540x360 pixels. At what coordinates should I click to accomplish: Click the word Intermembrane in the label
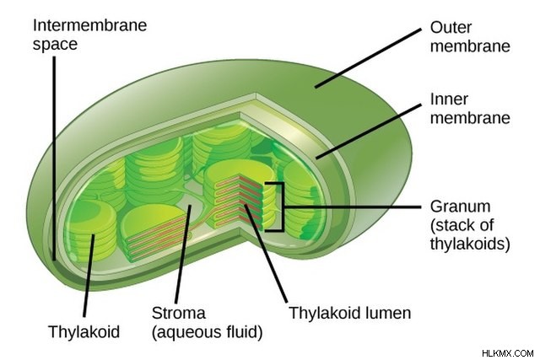[x=90, y=25]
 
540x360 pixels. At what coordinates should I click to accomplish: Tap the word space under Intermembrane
[x=55, y=45]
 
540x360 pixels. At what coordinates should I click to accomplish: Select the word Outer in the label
[x=451, y=28]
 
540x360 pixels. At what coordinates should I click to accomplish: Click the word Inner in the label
[x=449, y=99]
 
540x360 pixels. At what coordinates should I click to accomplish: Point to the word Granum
[x=461, y=207]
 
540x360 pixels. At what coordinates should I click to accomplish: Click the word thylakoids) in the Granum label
[x=470, y=244]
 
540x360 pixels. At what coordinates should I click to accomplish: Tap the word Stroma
[x=178, y=313]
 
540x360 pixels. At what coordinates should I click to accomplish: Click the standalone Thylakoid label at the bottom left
[x=84, y=332]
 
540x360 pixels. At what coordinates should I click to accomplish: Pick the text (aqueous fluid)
[x=208, y=332]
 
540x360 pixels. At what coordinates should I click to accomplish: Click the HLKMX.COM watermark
[x=508, y=353]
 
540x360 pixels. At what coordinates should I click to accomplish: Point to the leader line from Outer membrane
[x=368, y=58]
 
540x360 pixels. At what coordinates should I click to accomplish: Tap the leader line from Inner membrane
[x=369, y=132]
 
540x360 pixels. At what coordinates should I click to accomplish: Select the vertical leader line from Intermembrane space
[x=54, y=159]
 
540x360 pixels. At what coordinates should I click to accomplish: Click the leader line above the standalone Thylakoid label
[x=89, y=276]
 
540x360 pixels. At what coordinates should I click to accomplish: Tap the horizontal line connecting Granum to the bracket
[x=353, y=207]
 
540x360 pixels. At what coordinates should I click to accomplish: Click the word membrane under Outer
[x=470, y=46]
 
